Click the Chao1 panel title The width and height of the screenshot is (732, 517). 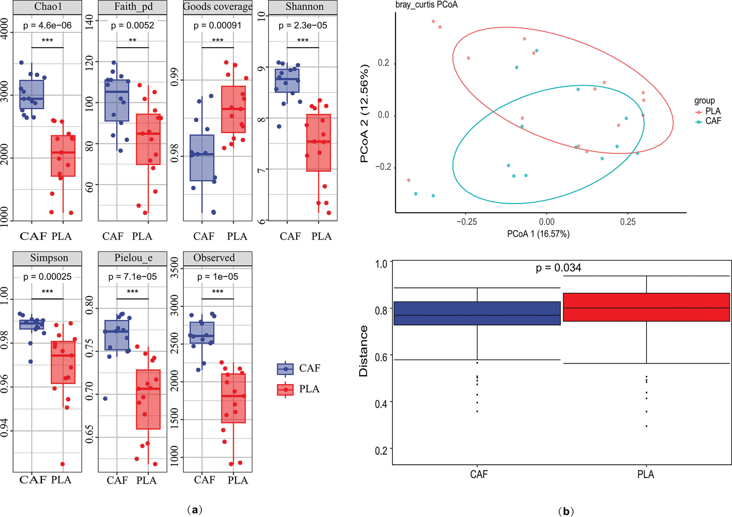(48, 7)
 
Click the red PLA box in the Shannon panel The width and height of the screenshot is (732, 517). (318, 143)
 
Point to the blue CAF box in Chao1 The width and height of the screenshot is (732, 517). (32, 94)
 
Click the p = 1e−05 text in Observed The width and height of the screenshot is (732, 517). (218, 277)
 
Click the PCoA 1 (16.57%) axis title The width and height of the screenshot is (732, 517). (538, 234)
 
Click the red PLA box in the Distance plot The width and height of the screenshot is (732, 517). (646, 307)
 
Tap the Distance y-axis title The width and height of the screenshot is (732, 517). (363, 351)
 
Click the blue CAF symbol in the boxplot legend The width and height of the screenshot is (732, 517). (285, 369)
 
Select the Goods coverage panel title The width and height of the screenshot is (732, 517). (218, 7)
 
